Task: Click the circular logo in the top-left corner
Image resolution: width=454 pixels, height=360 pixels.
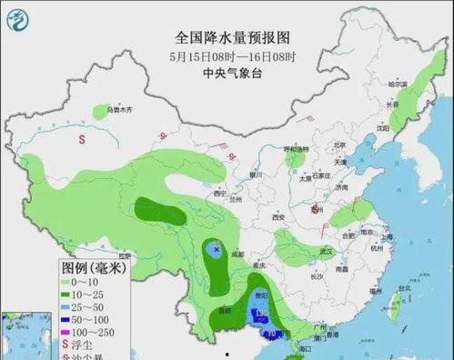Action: (19, 16)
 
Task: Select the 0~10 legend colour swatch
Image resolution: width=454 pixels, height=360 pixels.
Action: (70, 284)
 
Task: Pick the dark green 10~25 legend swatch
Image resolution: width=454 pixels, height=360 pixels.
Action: (70, 296)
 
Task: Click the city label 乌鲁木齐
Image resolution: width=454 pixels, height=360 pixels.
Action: (120, 110)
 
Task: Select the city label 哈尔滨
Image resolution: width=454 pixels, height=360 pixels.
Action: (399, 84)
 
